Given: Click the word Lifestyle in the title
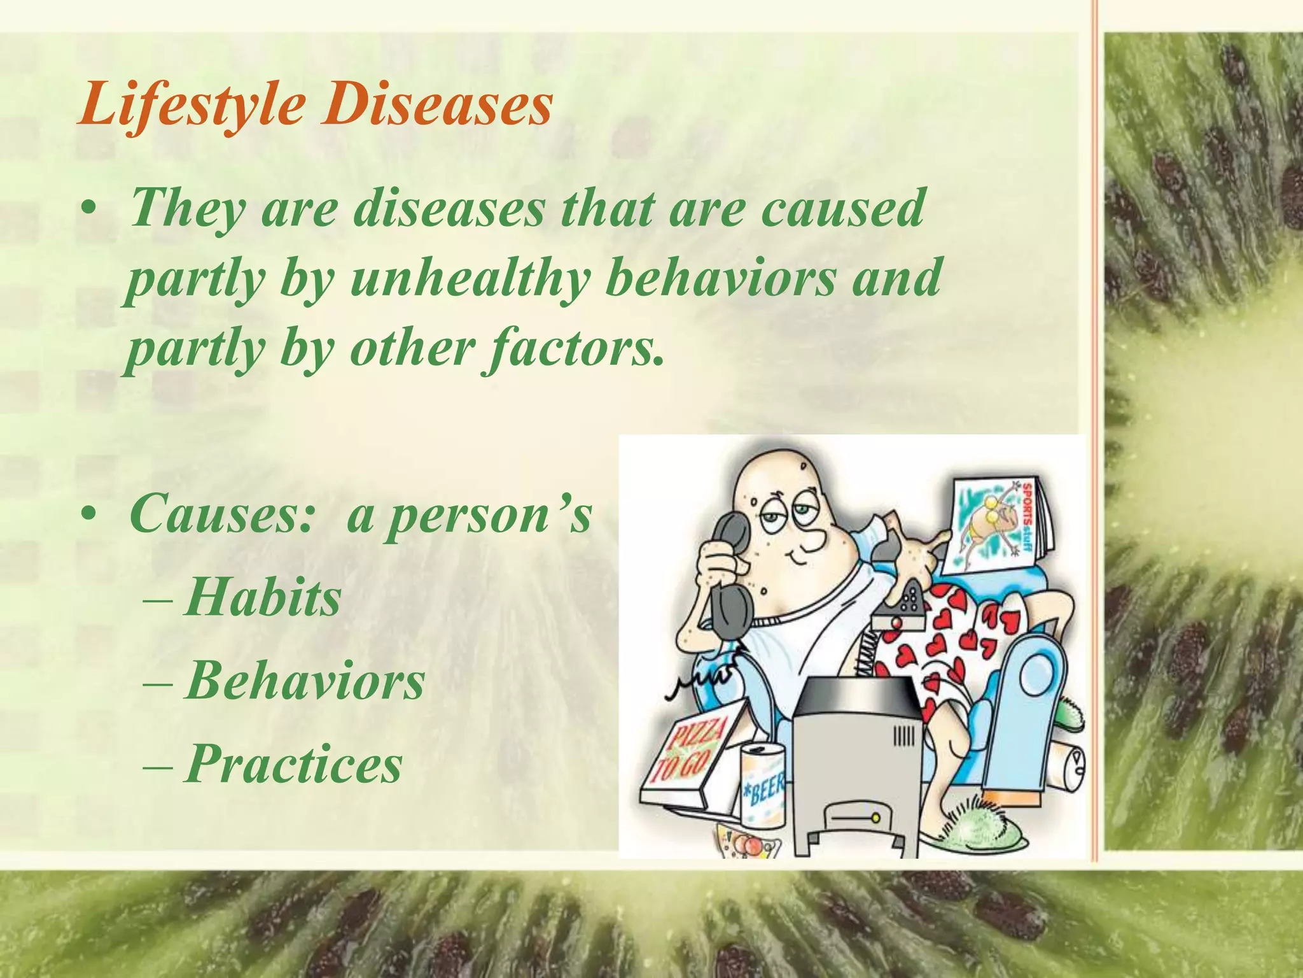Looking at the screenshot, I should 191,105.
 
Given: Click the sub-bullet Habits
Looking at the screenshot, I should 262,599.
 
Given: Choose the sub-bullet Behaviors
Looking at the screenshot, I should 304,681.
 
